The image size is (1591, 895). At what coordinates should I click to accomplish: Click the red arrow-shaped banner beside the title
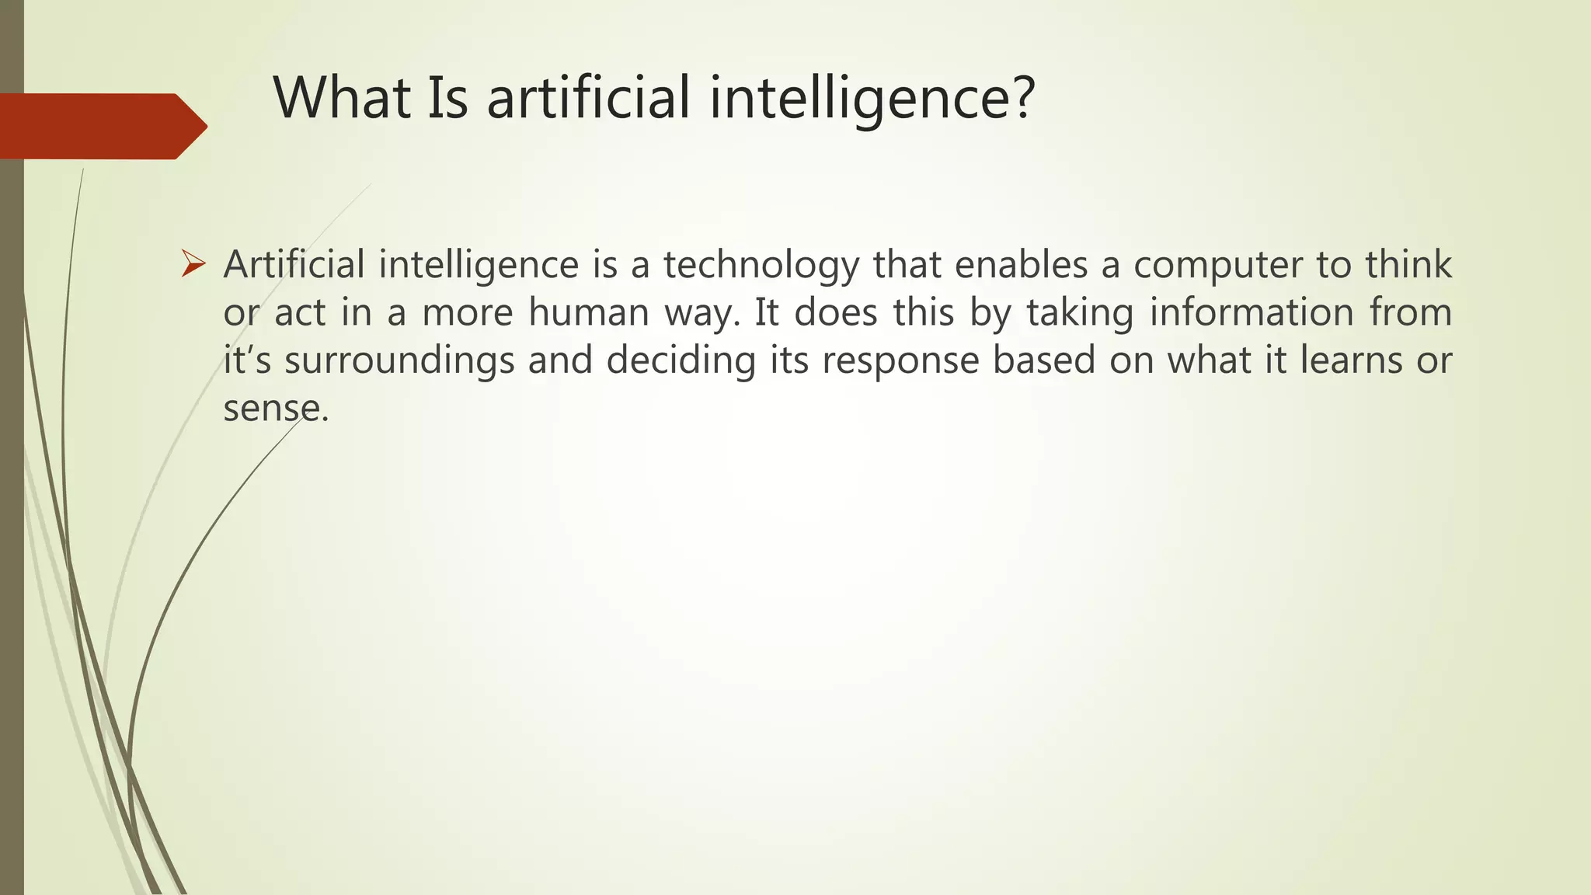click(x=101, y=127)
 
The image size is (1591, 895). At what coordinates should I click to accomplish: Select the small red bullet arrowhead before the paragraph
click(x=193, y=265)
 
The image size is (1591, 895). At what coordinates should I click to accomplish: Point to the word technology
click(x=761, y=265)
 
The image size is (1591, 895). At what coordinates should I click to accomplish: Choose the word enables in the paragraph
click(x=1021, y=265)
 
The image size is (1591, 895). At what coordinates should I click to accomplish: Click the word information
click(x=1252, y=312)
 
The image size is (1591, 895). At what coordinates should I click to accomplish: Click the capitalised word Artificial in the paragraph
click(x=294, y=265)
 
